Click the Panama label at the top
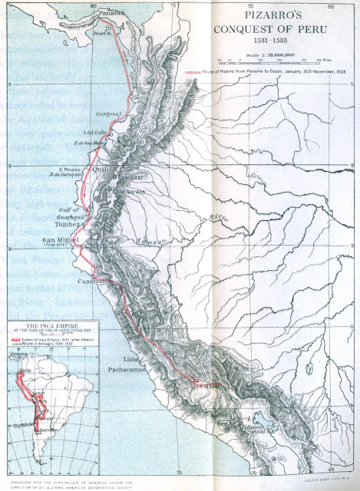111,13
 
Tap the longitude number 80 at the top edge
93,5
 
